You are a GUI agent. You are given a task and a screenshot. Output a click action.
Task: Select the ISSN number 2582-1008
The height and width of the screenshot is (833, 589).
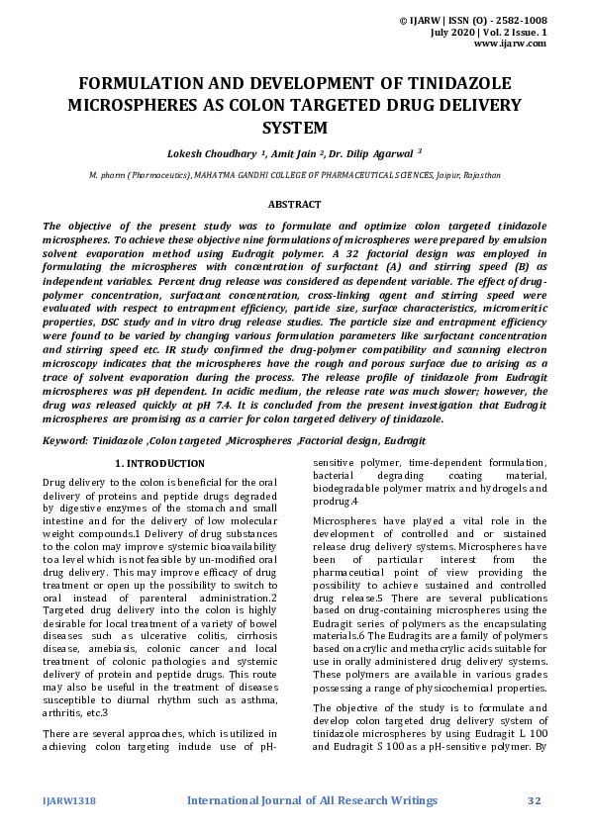[518, 20]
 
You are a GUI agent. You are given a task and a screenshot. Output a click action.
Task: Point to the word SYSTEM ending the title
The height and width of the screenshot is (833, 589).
[294, 128]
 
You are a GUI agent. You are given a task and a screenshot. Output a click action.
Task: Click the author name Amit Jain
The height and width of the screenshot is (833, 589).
[294, 153]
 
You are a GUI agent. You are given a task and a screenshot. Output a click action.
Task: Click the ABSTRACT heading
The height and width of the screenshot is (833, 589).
[294, 204]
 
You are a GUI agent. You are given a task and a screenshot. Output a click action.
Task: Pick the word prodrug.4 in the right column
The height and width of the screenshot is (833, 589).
[336, 502]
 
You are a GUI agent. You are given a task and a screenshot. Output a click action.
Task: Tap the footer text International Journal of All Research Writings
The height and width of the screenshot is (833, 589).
[312, 799]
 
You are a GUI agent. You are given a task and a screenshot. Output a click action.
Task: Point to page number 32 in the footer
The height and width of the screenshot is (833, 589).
[535, 799]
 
